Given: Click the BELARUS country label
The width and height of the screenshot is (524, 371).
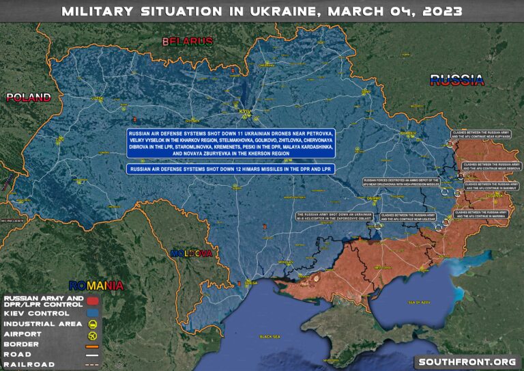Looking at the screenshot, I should click(188, 42).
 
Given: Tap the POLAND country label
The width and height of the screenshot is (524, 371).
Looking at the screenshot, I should click(29, 97).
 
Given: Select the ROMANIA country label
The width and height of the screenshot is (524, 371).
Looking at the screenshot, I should click(96, 285).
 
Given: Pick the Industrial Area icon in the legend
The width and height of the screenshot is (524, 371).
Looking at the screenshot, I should click(92, 323).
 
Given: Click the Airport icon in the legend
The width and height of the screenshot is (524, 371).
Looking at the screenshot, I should click(92, 335).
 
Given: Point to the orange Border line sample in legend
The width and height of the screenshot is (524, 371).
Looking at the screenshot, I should click(92, 345).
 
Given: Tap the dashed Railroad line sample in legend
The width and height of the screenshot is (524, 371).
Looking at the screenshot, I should click(92, 365).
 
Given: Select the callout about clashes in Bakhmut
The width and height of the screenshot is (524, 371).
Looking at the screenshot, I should click(487, 186).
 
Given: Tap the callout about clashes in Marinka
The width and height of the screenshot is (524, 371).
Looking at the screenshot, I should click(482, 215).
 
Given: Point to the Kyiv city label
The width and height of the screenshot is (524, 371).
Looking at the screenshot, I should click(245, 109).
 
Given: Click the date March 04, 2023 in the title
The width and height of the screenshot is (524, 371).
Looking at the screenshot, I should click(396, 11).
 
